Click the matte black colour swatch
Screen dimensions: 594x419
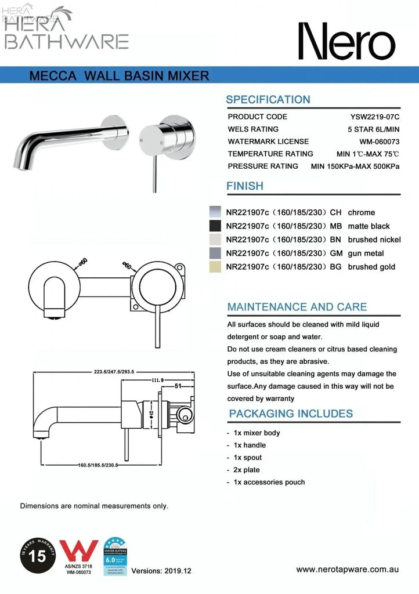pos(215,226)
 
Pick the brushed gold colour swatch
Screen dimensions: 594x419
pos(215,267)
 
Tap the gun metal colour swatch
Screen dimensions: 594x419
pos(215,253)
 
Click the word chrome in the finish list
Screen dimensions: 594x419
pos(362,212)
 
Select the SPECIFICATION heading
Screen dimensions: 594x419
pos(268,99)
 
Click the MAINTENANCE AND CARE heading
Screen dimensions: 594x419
pos(297,306)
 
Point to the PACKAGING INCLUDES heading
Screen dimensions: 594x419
pos(290,414)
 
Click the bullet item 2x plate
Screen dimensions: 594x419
pos(247,470)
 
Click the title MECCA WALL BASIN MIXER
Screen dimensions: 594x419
pos(118,75)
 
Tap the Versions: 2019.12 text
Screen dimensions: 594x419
pos(161,571)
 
